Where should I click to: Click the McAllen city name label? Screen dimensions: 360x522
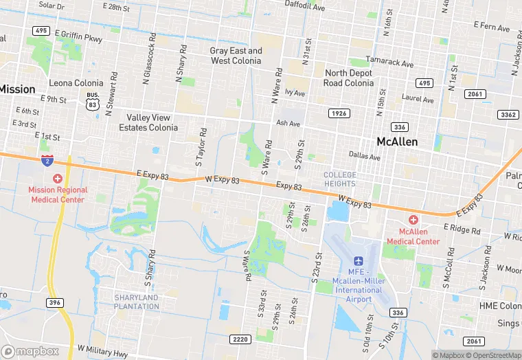coord(407,142)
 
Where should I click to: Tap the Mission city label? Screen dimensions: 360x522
coord(16,89)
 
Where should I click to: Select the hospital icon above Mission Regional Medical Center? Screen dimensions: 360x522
coord(58,178)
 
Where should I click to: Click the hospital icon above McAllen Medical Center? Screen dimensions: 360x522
coord(413,220)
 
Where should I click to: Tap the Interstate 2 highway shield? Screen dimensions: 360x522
coord(47,161)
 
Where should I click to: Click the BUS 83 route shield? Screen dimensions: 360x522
coord(91,100)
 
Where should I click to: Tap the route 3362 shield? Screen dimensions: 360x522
coord(508,115)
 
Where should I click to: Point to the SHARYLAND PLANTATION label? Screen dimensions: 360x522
coord(136,302)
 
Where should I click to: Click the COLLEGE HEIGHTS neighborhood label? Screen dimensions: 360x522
coord(340,179)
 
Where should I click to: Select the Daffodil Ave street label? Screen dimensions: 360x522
coord(305,8)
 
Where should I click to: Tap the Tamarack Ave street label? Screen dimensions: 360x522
coord(390,63)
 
